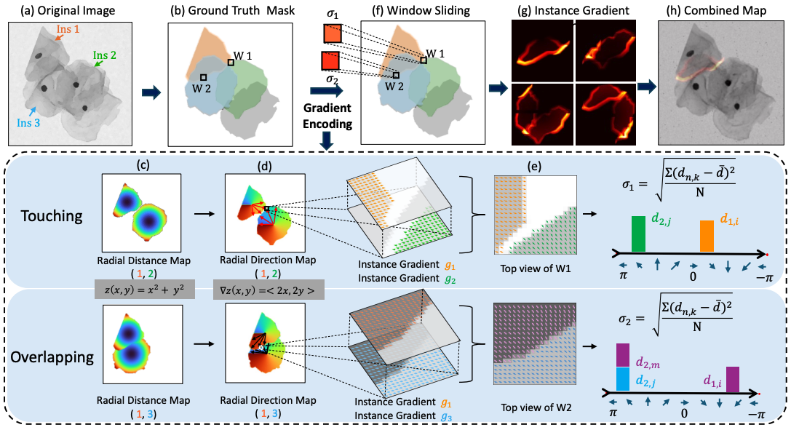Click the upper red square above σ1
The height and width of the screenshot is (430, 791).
[331, 34]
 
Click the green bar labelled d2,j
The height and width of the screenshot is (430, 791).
[638, 233]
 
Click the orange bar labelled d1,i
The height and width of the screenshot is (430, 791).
[707, 236]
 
